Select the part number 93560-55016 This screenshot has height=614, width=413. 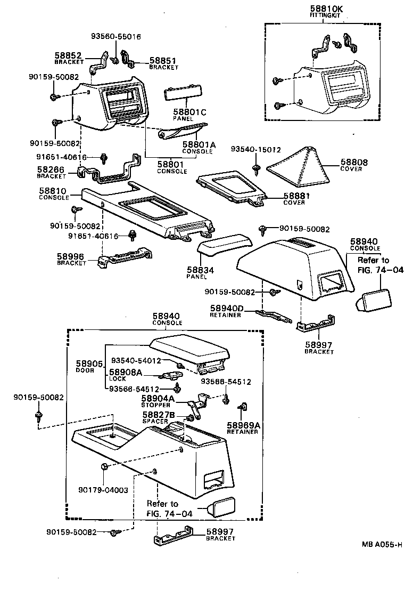(x=115, y=37)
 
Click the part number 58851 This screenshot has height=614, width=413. (x=162, y=61)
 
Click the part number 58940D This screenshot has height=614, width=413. (x=226, y=309)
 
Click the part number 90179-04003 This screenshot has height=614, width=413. (x=103, y=490)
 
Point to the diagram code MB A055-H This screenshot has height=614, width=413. (x=382, y=544)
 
